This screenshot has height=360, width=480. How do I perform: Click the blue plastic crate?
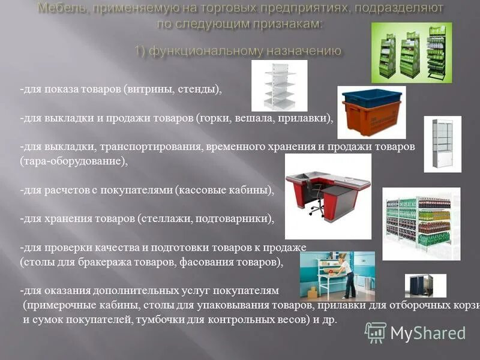click(371, 98)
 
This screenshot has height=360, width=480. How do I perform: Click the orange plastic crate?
click(371, 118)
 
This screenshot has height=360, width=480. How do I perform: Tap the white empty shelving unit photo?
click(279, 85)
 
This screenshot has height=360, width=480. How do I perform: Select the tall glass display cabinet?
click(442, 144)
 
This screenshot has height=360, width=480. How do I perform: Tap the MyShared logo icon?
click(376, 332)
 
